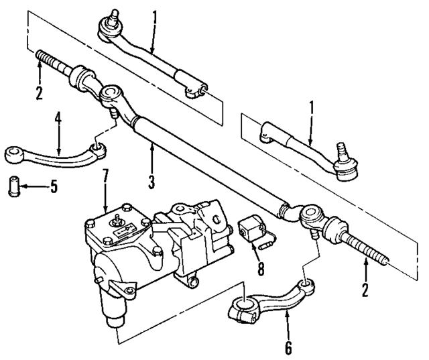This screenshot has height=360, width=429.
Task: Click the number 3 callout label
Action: click(151, 181)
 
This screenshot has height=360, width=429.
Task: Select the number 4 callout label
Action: click(59, 121)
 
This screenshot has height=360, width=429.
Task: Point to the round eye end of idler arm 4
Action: click(13, 156)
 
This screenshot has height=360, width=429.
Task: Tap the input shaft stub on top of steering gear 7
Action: click(119, 218)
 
